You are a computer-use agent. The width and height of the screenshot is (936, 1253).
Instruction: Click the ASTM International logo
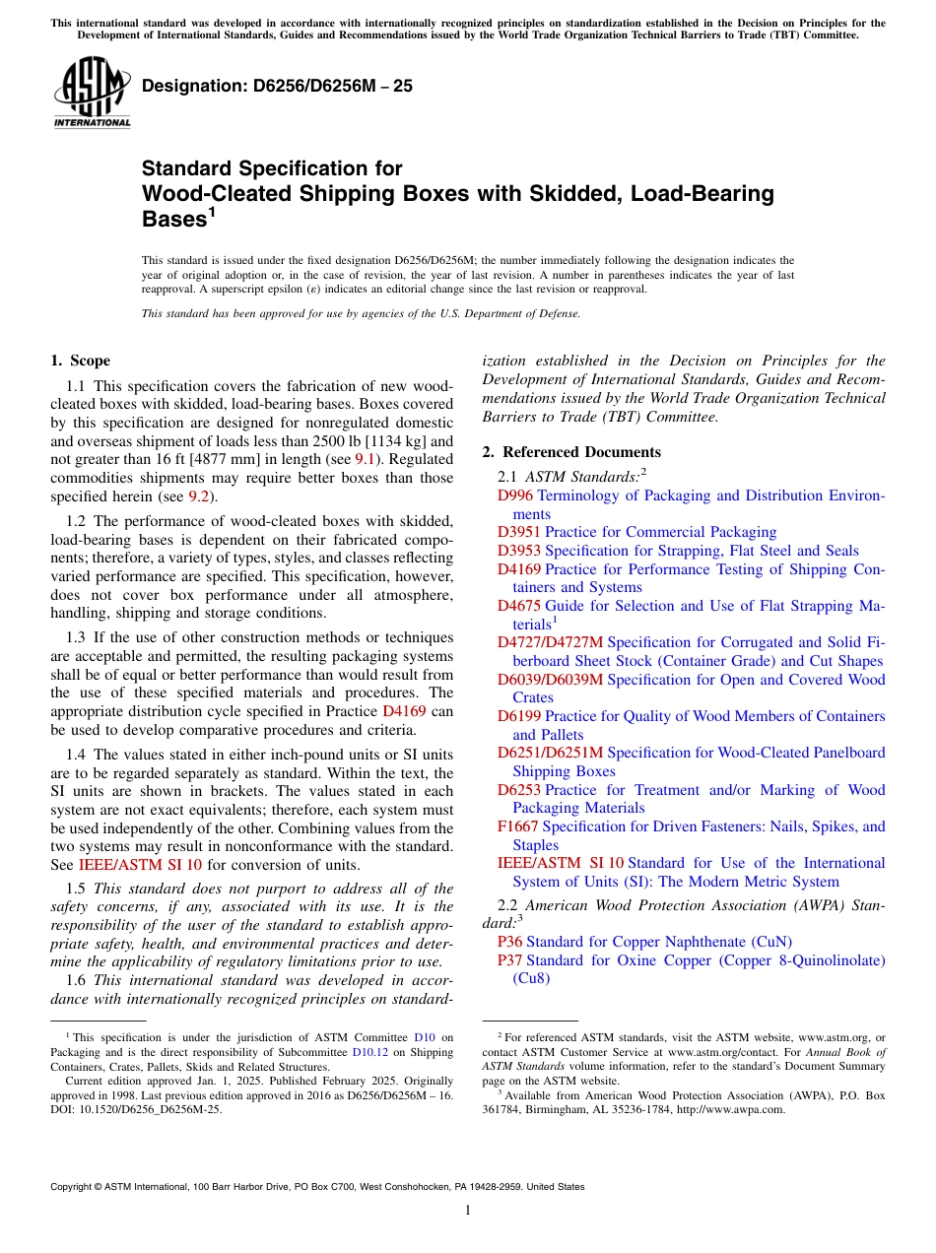(92, 95)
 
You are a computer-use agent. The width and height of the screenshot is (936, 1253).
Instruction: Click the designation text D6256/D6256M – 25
(277, 87)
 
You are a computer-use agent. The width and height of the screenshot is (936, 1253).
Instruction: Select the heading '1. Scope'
(80, 361)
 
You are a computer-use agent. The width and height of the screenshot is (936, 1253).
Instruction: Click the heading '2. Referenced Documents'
(571, 452)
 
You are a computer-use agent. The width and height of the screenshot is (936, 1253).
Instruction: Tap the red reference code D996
(514, 495)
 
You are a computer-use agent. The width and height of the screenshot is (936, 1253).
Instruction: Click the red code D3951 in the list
(519, 532)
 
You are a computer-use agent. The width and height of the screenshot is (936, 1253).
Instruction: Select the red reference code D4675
(519, 606)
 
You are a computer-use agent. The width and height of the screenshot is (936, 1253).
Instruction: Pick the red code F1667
(518, 826)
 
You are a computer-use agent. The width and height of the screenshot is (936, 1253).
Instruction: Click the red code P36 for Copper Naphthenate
(509, 942)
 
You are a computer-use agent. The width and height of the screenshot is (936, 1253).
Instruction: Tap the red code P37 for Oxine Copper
(509, 960)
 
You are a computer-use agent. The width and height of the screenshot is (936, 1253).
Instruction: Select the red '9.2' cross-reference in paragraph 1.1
(199, 496)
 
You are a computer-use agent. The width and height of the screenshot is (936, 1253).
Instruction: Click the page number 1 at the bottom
(468, 1211)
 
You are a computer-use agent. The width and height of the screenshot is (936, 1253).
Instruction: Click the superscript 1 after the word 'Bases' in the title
(211, 213)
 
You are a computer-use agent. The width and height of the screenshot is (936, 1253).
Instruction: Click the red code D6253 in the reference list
(519, 790)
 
